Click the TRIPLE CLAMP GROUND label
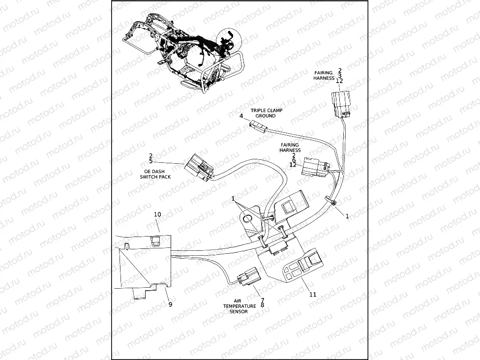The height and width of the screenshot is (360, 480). pos(266,113)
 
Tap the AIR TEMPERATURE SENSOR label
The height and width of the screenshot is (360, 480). pos(240,306)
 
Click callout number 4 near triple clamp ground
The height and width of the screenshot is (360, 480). pos(241,116)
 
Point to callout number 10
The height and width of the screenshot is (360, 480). pos(157,214)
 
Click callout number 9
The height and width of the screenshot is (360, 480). pos(170,304)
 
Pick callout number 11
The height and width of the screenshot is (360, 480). pos(313,295)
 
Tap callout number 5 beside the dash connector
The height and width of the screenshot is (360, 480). pos(150,161)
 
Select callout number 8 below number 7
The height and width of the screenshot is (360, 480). pos(262,305)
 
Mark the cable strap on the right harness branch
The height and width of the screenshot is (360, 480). pos(332,202)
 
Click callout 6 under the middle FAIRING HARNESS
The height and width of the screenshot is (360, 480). pos(294,160)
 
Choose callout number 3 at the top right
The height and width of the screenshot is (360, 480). pos(340,76)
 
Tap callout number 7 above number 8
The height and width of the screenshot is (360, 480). pos(262,300)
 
